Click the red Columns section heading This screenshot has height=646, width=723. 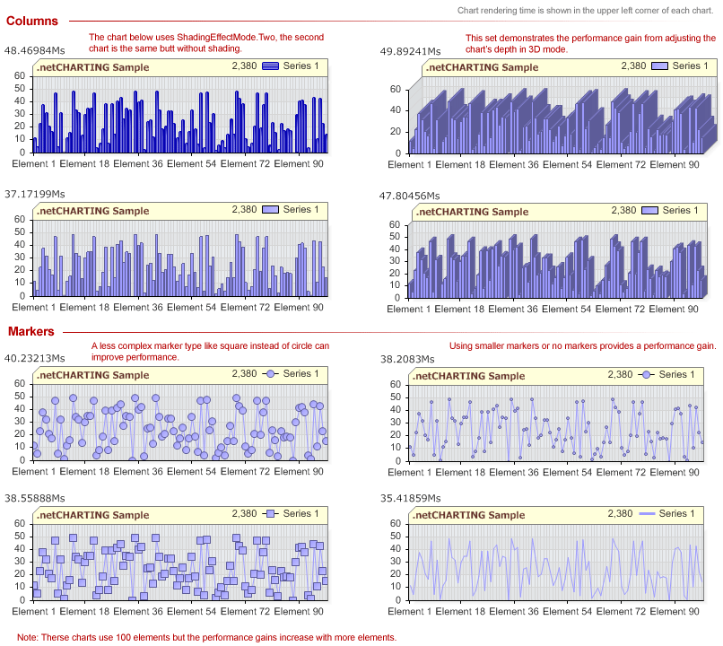coord(32,21)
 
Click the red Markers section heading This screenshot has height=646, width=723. coord(31,332)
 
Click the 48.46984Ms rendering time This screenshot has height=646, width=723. coord(35,51)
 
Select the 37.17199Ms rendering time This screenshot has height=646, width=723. coord(35,194)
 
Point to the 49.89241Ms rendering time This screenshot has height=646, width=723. coord(410,52)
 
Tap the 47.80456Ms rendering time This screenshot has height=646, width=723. coord(410,195)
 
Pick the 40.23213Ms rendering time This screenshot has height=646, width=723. coord(35,358)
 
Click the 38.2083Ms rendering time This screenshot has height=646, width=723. coord(407,359)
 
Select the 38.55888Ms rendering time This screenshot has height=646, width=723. coord(35,498)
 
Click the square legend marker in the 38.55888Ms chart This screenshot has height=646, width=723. coord(270,514)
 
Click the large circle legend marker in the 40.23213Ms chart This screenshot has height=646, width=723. coord(270,374)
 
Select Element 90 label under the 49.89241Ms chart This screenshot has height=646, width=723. coord(675,164)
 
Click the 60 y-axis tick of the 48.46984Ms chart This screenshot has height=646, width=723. coord(21,75)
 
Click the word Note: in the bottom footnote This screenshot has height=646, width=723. coord(28,637)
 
